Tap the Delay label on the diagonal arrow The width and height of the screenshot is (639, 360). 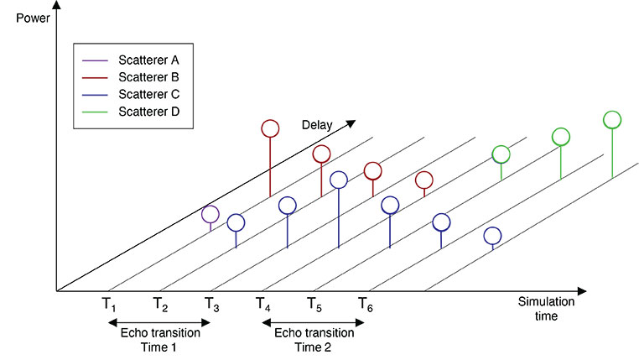click(318, 125)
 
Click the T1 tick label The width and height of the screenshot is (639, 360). click(109, 305)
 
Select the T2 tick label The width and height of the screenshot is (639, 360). click(160, 305)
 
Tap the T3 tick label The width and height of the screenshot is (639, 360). click(211, 305)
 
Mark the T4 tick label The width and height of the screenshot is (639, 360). click(262, 305)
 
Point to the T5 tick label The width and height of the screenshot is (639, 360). click(314, 305)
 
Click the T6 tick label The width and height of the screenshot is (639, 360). click(365, 305)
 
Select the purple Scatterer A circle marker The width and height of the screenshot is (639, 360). click(210, 214)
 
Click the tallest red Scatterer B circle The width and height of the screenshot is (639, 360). click(269, 128)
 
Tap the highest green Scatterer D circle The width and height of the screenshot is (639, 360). click(612, 119)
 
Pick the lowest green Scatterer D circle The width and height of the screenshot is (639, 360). click(501, 154)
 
